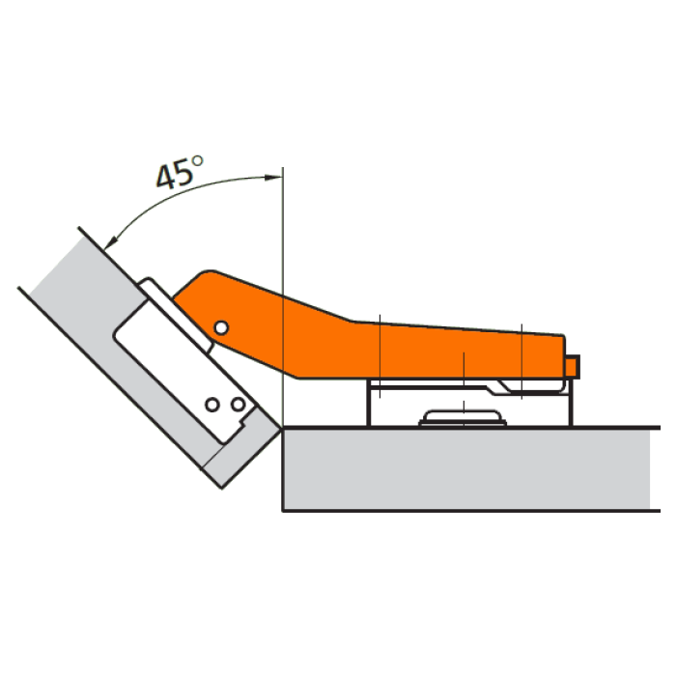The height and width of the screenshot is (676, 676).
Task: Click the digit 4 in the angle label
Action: point(166,177)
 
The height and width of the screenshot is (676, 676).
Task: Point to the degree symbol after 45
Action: point(197,161)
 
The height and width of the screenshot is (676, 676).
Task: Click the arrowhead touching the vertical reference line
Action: point(273,177)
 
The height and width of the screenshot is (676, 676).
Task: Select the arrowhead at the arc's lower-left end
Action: point(111,241)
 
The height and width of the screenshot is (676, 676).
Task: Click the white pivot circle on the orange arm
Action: point(221,328)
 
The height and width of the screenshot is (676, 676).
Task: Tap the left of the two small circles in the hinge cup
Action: point(212,405)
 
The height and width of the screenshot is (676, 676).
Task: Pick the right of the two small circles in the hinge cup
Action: point(238,405)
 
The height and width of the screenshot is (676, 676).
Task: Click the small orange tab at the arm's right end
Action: point(573,367)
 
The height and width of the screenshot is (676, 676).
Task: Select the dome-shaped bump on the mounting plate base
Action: point(463,418)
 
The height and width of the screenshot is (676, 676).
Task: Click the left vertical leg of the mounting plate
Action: point(369,403)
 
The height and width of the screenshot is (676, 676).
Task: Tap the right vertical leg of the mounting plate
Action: point(572,403)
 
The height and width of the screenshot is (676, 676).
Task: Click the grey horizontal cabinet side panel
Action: point(466,469)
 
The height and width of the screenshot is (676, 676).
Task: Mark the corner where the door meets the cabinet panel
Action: point(282,428)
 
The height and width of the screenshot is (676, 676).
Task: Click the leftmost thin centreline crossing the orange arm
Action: point(380,356)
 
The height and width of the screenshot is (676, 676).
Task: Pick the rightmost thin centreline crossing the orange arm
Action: point(521,361)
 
